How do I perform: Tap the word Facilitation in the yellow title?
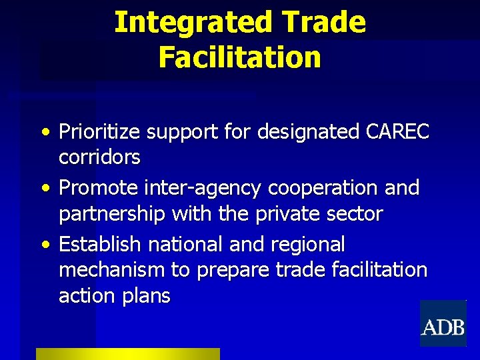coord(240,57)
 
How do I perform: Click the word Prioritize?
coord(100,132)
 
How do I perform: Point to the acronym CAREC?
coord(398,132)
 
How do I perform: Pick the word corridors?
coord(99,157)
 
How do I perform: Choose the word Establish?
coord(101,244)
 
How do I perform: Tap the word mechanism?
coord(111,270)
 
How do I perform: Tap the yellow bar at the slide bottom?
coord(127,354)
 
